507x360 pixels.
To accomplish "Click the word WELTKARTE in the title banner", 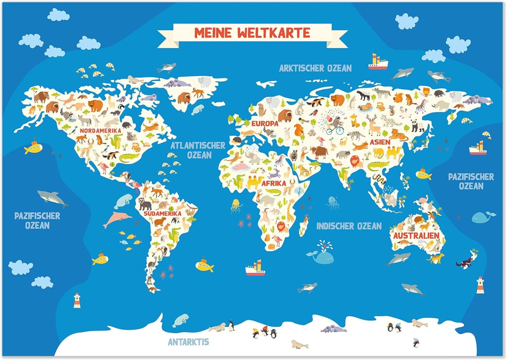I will (274, 33).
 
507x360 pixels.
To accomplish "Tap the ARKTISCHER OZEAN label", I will (315, 68).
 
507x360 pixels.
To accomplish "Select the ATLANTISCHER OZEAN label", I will (198, 150).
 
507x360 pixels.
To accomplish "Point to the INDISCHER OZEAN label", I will (349, 226).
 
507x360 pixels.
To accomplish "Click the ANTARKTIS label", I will (188, 342).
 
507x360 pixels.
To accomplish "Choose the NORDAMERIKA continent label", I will (101, 131).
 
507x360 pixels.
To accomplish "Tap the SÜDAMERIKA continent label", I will (162, 213).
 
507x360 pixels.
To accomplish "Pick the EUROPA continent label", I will (265, 123).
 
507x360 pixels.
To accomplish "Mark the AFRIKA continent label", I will (273, 183).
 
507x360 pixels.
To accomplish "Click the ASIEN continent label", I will (380, 142).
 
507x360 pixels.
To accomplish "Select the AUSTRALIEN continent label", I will (416, 236).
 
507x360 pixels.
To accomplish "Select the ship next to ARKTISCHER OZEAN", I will (378, 62).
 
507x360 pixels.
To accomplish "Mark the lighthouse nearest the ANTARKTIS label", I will (77, 300).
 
